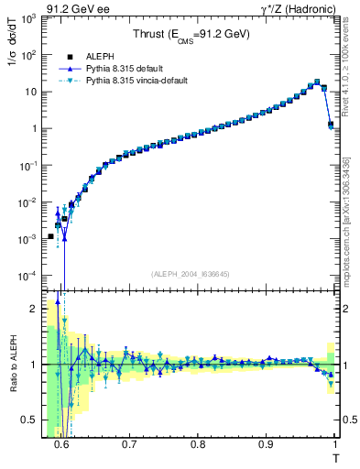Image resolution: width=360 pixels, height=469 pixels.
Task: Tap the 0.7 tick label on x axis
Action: pos(129,444)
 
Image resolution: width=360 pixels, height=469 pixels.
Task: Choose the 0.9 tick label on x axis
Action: pos(266,444)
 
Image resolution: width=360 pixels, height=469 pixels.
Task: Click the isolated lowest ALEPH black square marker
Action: pos(51,236)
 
